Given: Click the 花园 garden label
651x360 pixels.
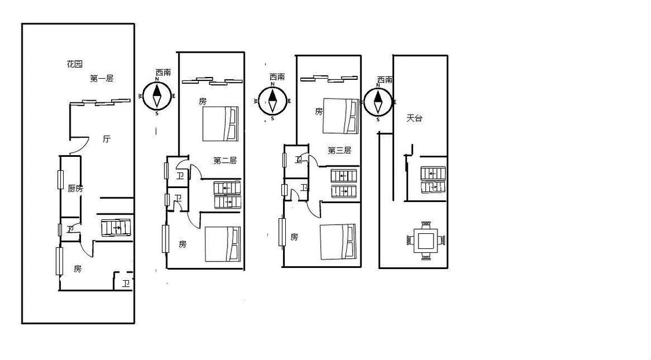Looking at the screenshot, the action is coord(75,64).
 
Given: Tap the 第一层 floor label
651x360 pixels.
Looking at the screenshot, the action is coord(101,78).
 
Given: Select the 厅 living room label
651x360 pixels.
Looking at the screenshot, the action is coord(106,139).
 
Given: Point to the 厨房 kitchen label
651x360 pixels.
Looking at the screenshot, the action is coord(75,189).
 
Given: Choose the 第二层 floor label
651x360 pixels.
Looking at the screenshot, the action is coord(225,160).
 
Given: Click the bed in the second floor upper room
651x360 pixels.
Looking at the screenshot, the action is coord(220,124).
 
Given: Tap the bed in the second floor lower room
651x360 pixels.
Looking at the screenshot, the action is coord(223,244).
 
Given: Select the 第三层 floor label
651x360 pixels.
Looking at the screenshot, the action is coord(339,150).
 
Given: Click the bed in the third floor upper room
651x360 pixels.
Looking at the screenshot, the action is coord(341,116).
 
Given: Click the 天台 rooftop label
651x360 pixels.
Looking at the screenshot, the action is coord(414,118).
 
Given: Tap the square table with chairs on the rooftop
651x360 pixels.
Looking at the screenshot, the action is coord(426,240).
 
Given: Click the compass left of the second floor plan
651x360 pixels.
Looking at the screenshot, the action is coord(157,96).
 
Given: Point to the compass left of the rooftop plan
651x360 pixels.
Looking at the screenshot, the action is coord(378,102).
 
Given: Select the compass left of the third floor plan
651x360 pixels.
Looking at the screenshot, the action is coord(273,101).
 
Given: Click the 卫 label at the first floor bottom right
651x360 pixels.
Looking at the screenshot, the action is coord(126,284).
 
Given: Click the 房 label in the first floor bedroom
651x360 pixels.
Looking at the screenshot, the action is coord(78,269).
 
